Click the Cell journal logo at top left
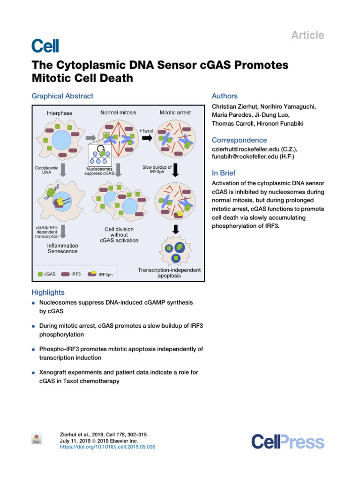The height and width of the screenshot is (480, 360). point(45,45)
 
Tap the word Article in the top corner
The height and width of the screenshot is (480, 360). point(307,35)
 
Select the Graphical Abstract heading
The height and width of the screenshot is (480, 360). point(62,96)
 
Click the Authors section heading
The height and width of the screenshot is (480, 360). point(225,96)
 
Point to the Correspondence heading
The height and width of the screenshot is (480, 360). point(240,140)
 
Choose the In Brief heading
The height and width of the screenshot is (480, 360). point(224,173)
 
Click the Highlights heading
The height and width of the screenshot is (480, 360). point(48,292)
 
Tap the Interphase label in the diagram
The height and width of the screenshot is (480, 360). point(60,113)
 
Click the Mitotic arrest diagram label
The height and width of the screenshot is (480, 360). point(175,112)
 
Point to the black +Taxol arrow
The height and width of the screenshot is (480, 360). point(147,138)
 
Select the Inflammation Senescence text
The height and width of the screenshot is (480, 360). point(63,248)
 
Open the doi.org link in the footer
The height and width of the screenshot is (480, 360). point(108,447)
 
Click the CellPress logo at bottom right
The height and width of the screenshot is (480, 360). point(287,442)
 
